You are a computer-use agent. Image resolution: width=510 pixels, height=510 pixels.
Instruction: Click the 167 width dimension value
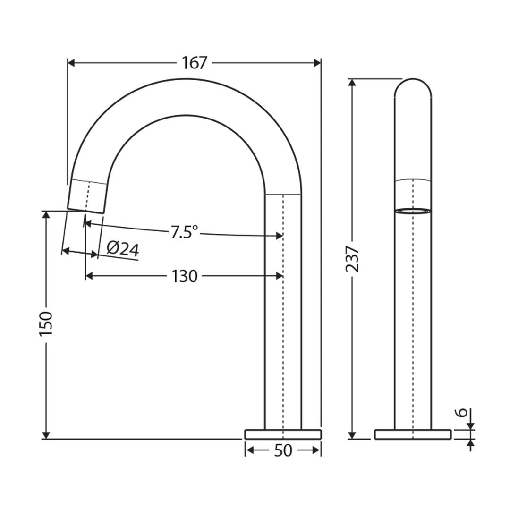click(195, 63)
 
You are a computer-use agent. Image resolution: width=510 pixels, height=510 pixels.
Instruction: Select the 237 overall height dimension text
click(352, 258)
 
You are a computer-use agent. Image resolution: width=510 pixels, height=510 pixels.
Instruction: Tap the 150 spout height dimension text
click(46, 323)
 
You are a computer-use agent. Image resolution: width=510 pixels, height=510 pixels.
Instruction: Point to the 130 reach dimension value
click(185, 276)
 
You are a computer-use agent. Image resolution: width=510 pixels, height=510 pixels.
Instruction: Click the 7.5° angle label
click(184, 232)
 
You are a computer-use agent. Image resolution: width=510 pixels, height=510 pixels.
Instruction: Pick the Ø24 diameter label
click(123, 248)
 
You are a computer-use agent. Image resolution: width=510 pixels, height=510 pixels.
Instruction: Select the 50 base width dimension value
click(283, 451)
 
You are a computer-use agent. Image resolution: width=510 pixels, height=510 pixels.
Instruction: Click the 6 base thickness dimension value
click(463, 412)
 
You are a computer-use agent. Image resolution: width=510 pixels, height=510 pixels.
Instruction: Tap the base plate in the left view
click(283, 434)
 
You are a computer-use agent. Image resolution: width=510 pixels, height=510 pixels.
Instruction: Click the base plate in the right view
click(413, 434)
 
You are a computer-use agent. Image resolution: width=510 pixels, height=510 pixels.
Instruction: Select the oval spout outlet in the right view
click(413, 211)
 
